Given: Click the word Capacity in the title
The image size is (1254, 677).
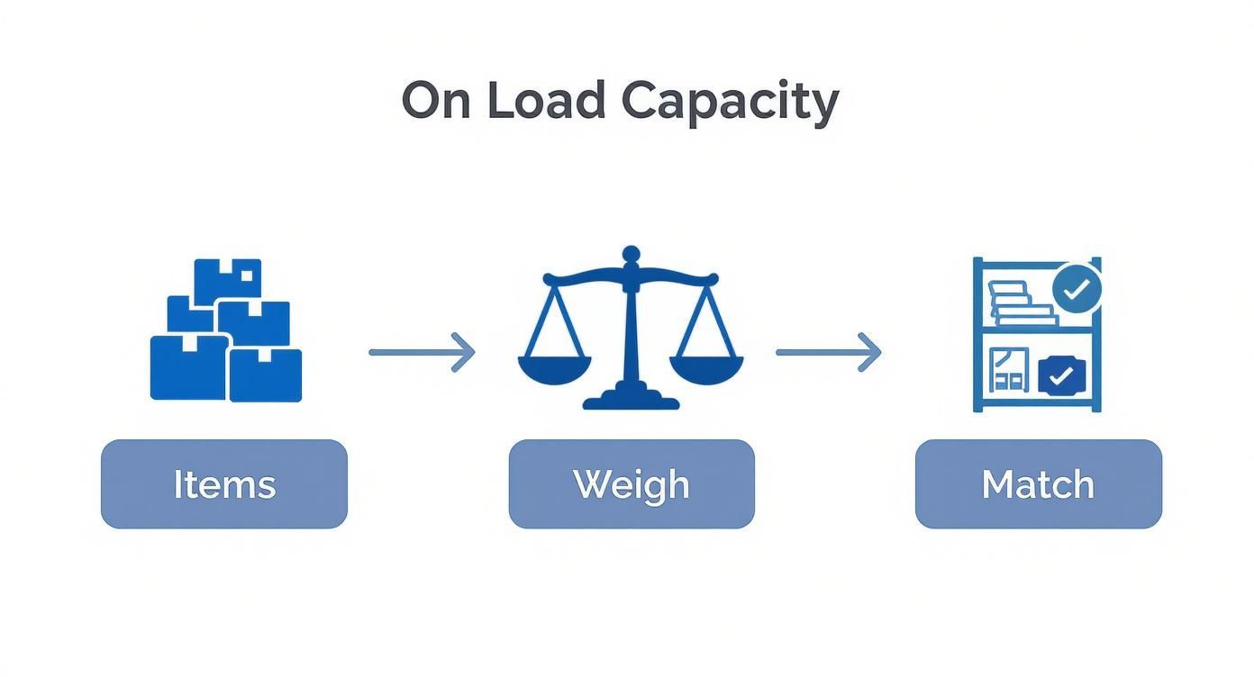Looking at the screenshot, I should click(x=730, y=101).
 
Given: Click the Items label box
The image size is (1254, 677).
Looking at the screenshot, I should click(x=223, y=484).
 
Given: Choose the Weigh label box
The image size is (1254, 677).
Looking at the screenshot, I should click(x=631, y=484).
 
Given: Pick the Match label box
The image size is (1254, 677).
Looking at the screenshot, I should click(x=1038, y=484).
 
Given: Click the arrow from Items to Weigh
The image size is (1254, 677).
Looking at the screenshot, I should click(x=422, y=352).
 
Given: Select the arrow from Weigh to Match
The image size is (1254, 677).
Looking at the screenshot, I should click(x=828, y=352).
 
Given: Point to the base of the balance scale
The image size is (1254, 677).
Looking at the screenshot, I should click(x=631, y=397).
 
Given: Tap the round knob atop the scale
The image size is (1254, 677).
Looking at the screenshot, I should click(x=631, y=254).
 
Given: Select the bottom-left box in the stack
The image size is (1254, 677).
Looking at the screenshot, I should click(x=187, y=367).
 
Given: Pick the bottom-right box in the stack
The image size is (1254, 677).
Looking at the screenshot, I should click(x=266, y=375).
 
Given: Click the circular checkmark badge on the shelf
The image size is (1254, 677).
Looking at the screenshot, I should click(x=1077, y=289).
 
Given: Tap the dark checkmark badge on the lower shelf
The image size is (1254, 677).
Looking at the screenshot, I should click(x=1063, y=375).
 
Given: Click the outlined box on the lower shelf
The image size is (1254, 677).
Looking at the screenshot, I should click(x=1008, y=371).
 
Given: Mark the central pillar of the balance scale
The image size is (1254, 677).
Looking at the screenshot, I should click(x=631, y=333).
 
